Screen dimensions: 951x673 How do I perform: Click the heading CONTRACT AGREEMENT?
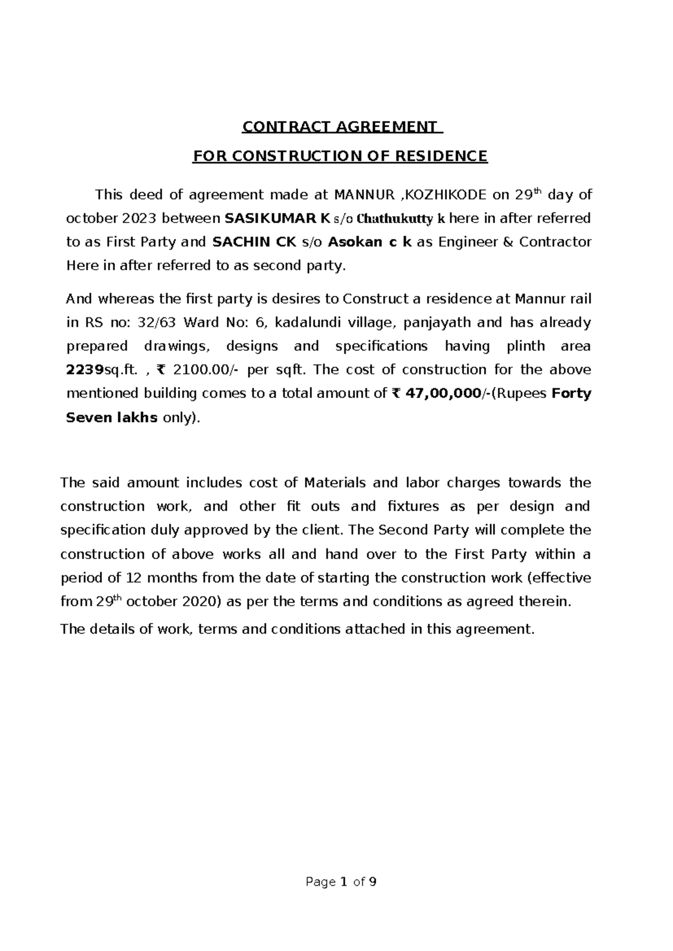342,127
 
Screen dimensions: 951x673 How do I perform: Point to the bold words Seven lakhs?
112,417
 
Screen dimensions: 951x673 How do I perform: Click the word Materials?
334,482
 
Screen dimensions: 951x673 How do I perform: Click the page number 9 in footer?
372,882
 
